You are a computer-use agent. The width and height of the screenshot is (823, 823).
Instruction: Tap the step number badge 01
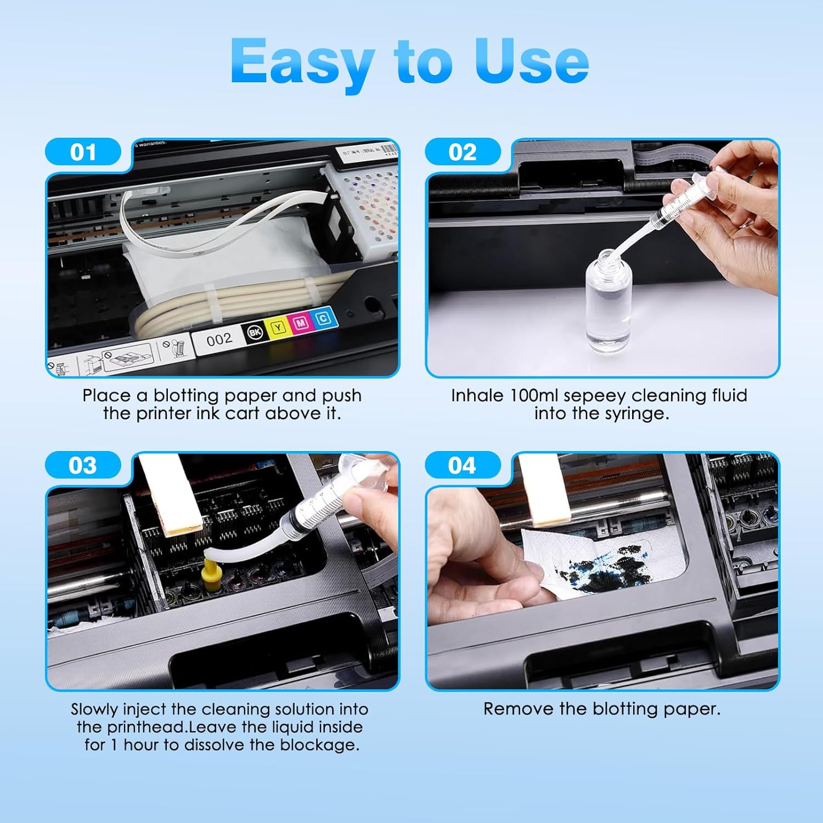click(83, 152)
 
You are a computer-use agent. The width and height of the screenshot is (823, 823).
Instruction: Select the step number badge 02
click(463, 152)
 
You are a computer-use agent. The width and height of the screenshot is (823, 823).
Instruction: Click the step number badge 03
click(83, 465)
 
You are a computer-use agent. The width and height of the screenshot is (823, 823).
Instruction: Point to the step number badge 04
click(463, 465)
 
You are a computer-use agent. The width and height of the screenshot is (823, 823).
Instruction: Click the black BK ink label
click(255, 332)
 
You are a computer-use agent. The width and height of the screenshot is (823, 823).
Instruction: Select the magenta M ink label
click(301, 323)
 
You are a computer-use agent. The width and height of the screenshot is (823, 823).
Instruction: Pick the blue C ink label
click(324, 318)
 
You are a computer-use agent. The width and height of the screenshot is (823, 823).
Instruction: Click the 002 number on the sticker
click(219, 340)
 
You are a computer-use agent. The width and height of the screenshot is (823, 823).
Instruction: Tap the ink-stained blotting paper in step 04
click(604, 562)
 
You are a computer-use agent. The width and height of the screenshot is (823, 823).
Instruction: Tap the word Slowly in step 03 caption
click(94, 709)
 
